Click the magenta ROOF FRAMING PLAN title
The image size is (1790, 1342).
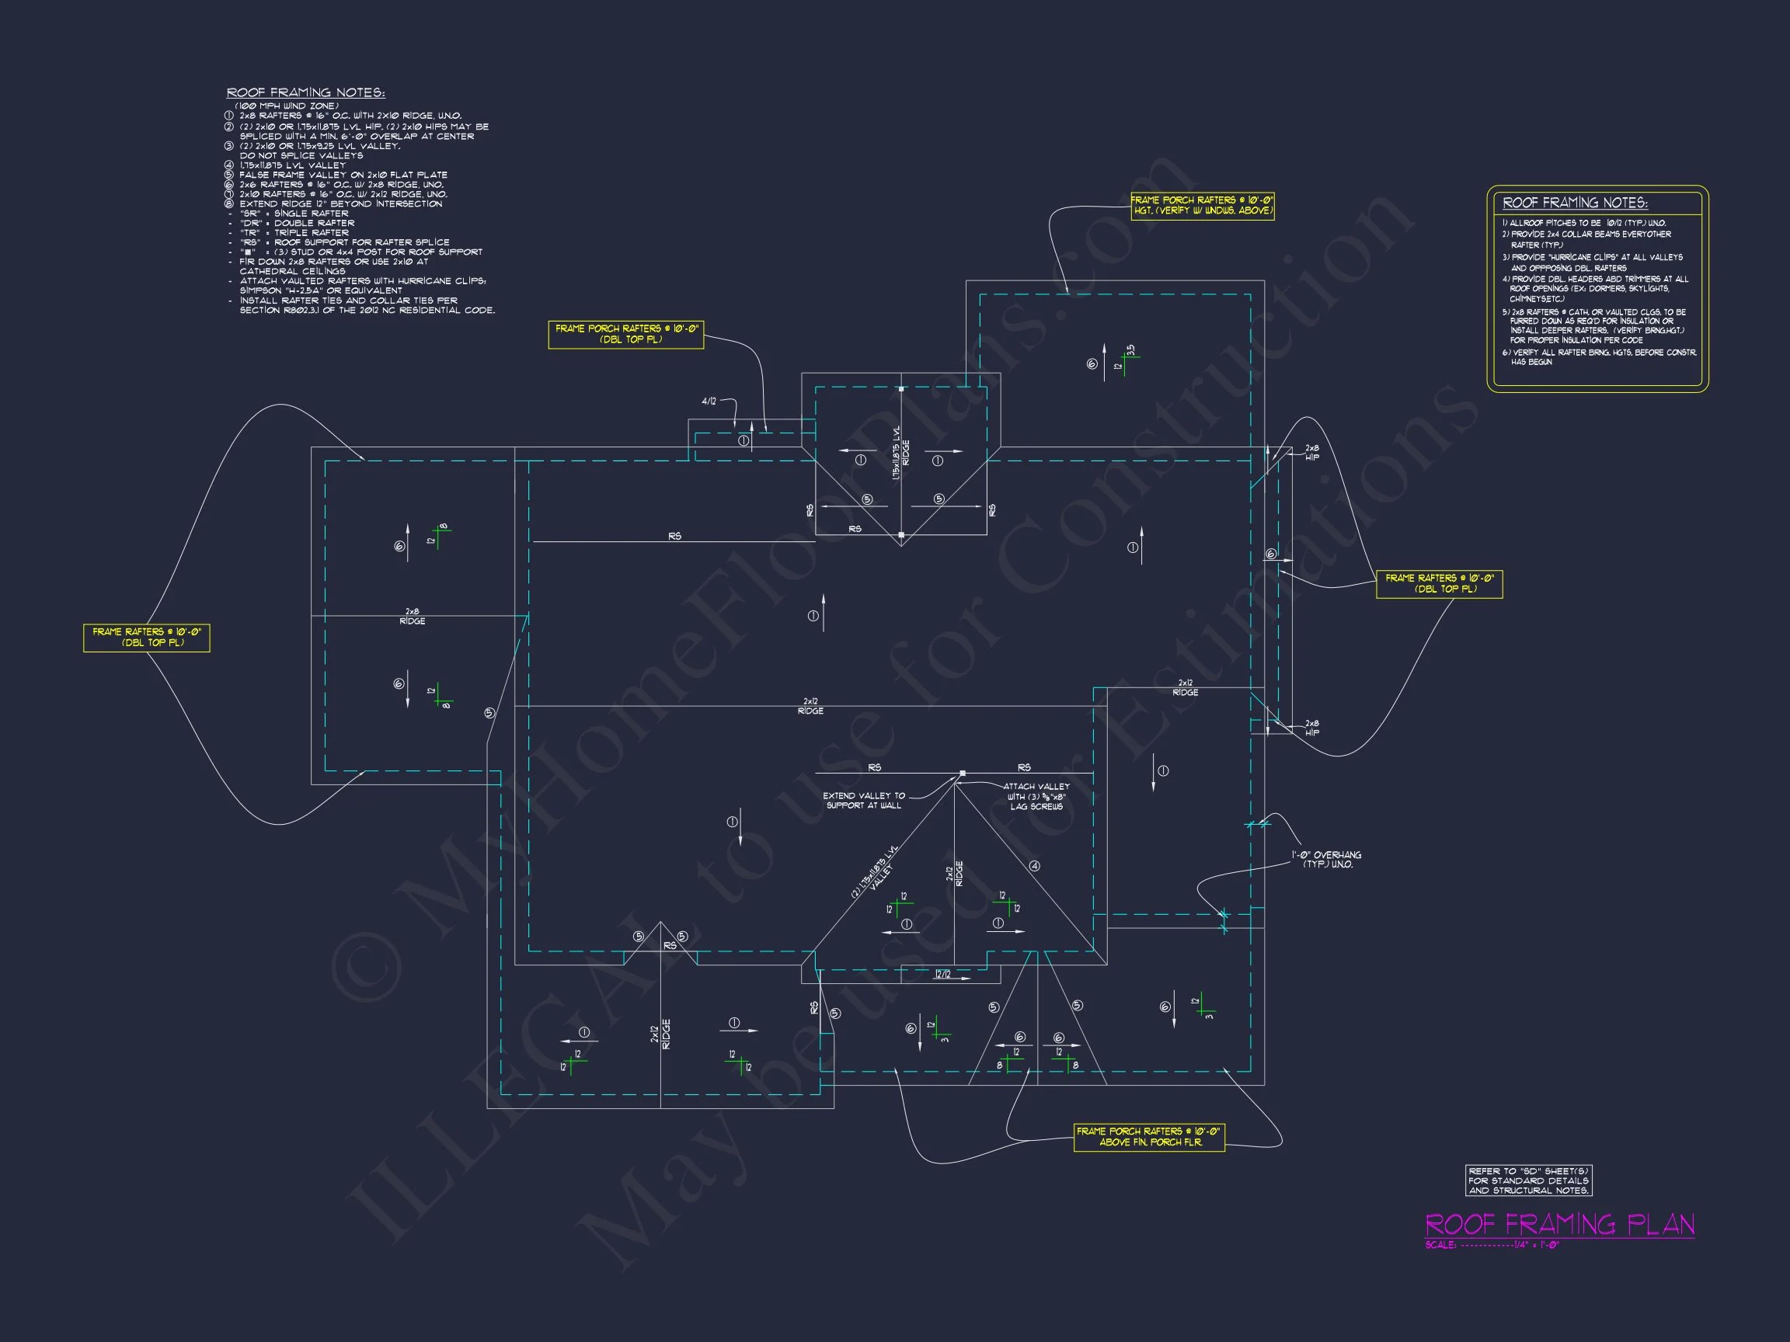coord(1559,1225)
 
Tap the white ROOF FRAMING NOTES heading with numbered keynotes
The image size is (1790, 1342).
coord(305,93)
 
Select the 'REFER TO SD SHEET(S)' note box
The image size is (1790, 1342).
coord(1529,1180)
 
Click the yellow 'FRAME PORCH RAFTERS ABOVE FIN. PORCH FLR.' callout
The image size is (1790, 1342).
coord(1148,1136)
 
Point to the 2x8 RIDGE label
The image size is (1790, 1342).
coord(412,617)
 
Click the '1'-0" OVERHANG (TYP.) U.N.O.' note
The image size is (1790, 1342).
coord(1326,859)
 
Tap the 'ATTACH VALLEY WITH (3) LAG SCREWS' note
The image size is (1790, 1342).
coord(1036,796)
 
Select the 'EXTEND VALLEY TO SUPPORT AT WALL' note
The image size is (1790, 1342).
coord(863,800)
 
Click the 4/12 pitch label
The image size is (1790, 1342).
coord(709,402)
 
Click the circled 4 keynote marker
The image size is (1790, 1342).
coord(1034,866)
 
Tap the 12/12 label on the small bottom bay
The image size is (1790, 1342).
coord(942,974)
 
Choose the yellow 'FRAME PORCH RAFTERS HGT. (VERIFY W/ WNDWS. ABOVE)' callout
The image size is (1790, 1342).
coord(1202,206)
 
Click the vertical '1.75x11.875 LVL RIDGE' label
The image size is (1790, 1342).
coord(900,453)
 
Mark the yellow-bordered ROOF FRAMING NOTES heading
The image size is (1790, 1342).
coord(1575,203)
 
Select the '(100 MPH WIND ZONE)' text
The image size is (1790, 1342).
coord(287,106)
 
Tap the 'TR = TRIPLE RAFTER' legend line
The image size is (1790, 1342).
coord(294,232)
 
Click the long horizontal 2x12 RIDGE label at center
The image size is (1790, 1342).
coord(810,706)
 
